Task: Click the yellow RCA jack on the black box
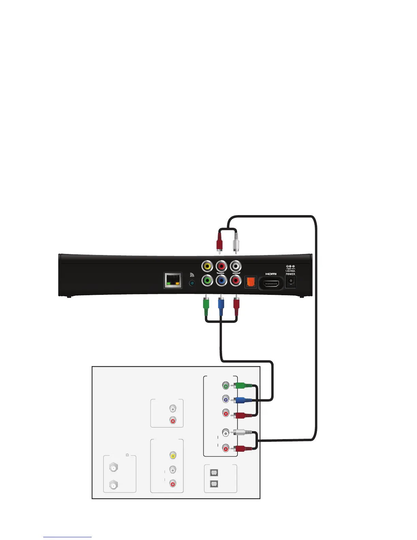tap(207, 266)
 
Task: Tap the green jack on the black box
tap(207, 281)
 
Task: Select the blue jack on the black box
tap(221, 281)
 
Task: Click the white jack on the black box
tap(235, 266)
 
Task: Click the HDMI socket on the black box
tap(271, 283)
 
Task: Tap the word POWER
tap(290, 274)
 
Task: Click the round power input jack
tap(291, 281)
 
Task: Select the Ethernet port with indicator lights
tap(173, 281)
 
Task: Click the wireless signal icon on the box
tap(192, 275)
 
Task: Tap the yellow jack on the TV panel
tap(173, 455)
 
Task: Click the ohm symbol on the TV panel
tap(127, 455)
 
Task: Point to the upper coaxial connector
tap(113, 468)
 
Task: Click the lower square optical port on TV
tap(214, 483)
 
